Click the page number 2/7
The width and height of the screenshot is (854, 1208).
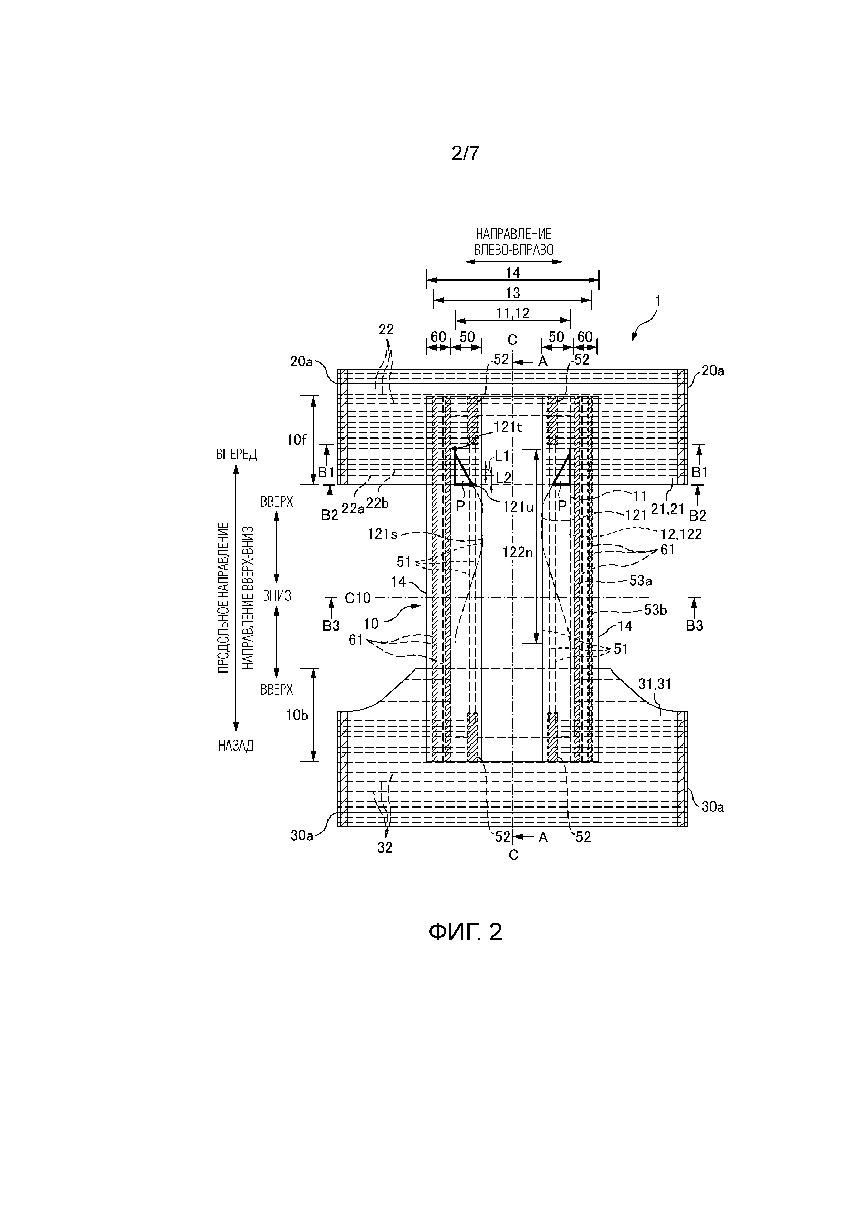465,153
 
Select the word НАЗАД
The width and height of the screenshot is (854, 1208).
236,746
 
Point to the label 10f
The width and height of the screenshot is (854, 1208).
296,440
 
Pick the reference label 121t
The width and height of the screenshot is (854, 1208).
508,427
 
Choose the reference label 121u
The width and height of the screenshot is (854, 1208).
518,507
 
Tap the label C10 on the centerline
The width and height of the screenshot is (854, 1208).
358,598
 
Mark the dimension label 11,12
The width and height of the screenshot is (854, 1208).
512,313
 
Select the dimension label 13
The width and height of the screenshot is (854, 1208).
512,292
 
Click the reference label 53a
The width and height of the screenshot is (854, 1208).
641,581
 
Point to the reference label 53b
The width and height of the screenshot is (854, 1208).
656,610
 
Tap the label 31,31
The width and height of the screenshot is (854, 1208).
655,684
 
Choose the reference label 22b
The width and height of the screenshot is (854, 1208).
377,503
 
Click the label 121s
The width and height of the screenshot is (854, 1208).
383,534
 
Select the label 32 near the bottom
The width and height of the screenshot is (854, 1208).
385,847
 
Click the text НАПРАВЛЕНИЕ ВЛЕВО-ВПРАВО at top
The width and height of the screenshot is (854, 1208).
513,241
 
